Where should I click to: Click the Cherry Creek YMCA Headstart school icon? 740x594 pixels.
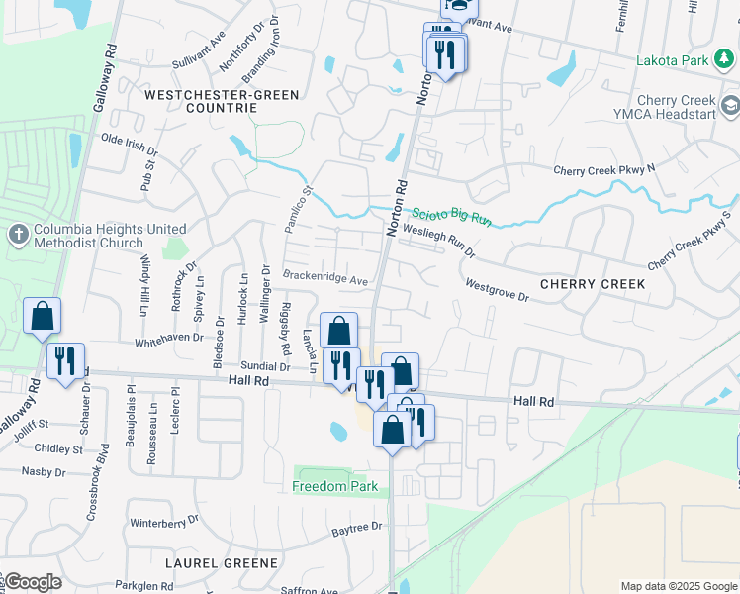pos(730,106)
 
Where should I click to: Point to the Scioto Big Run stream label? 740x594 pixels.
pos(451,215)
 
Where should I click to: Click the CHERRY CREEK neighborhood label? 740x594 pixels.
pos(593,284)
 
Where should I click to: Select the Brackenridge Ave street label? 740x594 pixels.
pos(325,278)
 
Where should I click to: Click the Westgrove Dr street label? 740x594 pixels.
pos(498,287)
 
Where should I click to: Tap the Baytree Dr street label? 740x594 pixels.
pos(356,528)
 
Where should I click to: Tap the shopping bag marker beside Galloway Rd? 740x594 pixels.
pos(43,318)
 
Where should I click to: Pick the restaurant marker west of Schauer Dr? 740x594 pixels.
pos(66,362)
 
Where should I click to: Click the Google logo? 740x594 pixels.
pos(32,582)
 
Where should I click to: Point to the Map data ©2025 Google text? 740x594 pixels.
pos(677,586)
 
